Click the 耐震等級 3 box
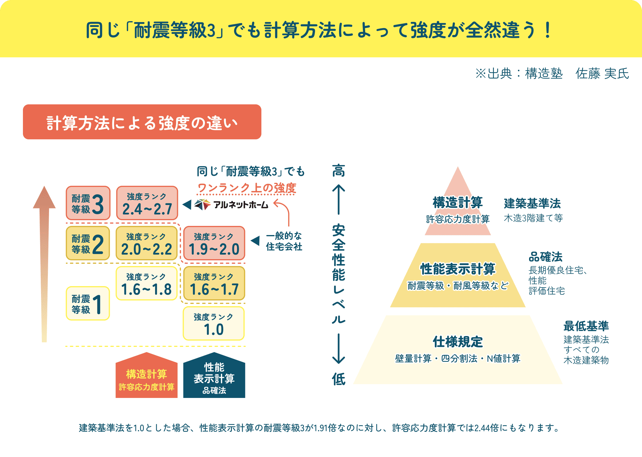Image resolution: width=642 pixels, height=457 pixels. point(88,203)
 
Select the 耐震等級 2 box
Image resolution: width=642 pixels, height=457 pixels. point(88,243)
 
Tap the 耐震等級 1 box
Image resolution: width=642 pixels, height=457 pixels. point(88,303)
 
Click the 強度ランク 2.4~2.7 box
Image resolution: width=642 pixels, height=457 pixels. point(147,203)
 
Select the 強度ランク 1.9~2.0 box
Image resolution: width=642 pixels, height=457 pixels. point(214,243)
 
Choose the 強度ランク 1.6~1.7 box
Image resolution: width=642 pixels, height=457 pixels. point(214,283)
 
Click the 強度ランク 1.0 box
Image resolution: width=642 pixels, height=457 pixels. point(214,323)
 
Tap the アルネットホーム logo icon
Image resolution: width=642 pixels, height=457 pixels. point(202,204)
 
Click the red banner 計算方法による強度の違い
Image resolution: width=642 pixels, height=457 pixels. point(142,122)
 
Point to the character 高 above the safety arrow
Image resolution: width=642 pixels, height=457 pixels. point(338,171)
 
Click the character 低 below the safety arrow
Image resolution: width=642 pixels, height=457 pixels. point(338,379)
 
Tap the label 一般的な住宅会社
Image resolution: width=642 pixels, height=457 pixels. point(284,241)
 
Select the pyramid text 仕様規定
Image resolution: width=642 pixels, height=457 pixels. point(458,342)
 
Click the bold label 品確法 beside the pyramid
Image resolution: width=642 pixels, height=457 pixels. point(545,257)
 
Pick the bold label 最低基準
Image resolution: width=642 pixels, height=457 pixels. point(586,326)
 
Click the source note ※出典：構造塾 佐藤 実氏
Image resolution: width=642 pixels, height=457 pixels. point(552,74)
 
